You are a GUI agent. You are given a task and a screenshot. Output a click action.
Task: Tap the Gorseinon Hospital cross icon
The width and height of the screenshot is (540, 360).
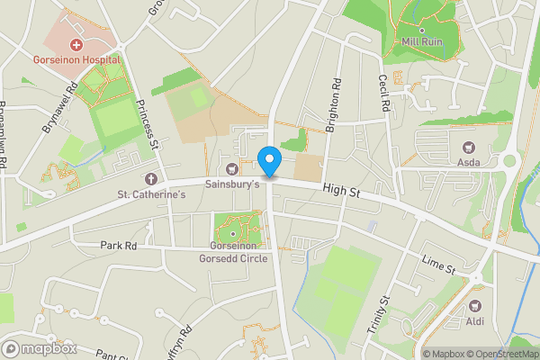coord(76,44)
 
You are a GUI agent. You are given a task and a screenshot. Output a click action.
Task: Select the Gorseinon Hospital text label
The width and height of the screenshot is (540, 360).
coord(76,58)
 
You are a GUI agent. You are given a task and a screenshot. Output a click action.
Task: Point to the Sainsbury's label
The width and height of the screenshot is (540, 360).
coord(233,184)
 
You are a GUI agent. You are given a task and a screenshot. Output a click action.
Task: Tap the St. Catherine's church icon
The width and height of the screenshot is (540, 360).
coord(149,179)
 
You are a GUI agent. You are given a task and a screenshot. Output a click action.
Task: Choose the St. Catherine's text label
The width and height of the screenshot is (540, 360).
coord(151,193)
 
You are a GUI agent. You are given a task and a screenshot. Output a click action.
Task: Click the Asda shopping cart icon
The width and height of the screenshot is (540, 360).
coord(468,148)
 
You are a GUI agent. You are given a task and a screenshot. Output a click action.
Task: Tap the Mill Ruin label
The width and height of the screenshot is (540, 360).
coord(422,41)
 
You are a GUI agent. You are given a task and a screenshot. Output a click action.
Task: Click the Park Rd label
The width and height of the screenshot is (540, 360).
coord(118,245)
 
